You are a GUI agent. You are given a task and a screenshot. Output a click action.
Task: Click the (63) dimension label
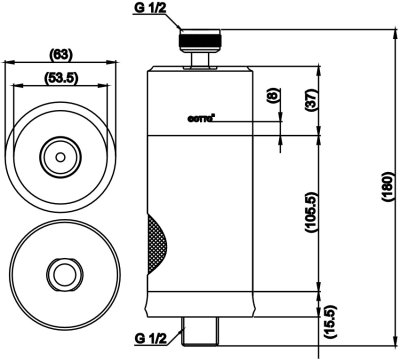tap(61, 54)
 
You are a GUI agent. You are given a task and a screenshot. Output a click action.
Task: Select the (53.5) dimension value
tap(61, 78)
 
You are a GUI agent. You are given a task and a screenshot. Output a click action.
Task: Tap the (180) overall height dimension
tap(387, 187)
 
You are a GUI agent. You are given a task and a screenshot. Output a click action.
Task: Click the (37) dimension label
tap(312, 100)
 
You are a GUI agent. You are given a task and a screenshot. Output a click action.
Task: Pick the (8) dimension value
tap(272, 96)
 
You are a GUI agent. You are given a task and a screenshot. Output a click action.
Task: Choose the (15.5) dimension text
tap(329, 322)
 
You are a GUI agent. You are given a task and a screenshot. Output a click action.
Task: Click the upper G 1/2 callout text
tap(149, 9)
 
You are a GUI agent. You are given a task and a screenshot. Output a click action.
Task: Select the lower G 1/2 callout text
tap(151, 339)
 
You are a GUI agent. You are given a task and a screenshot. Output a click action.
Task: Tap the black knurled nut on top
tap(200, 40)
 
